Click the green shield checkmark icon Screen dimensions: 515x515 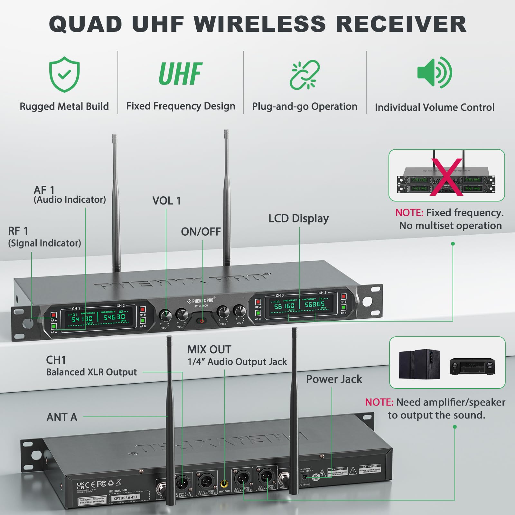point(64,74)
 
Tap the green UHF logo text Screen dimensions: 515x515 point(181,74)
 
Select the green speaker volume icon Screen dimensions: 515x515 point(435,72)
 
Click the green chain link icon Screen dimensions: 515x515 point(304,74)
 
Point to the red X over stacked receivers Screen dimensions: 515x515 point(447,177)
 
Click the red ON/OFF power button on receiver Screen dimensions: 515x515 point(202,321)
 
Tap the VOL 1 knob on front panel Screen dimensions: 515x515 point(165,316)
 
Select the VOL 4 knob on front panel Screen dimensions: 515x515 point(240,311)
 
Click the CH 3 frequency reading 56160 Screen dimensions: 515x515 point(284,306)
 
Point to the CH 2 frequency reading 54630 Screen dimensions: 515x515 point(114,317)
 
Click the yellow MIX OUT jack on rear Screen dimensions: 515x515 point(224,484)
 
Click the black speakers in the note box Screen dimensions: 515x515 point(419,364)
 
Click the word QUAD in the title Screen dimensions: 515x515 point(86,24)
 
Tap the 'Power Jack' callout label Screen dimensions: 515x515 point(334,379)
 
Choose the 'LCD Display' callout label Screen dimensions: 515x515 point(298,219)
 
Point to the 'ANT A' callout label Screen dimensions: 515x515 point(62,417)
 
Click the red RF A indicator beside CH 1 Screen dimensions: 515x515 point(54,315)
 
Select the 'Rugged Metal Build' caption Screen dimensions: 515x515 point(64,106)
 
